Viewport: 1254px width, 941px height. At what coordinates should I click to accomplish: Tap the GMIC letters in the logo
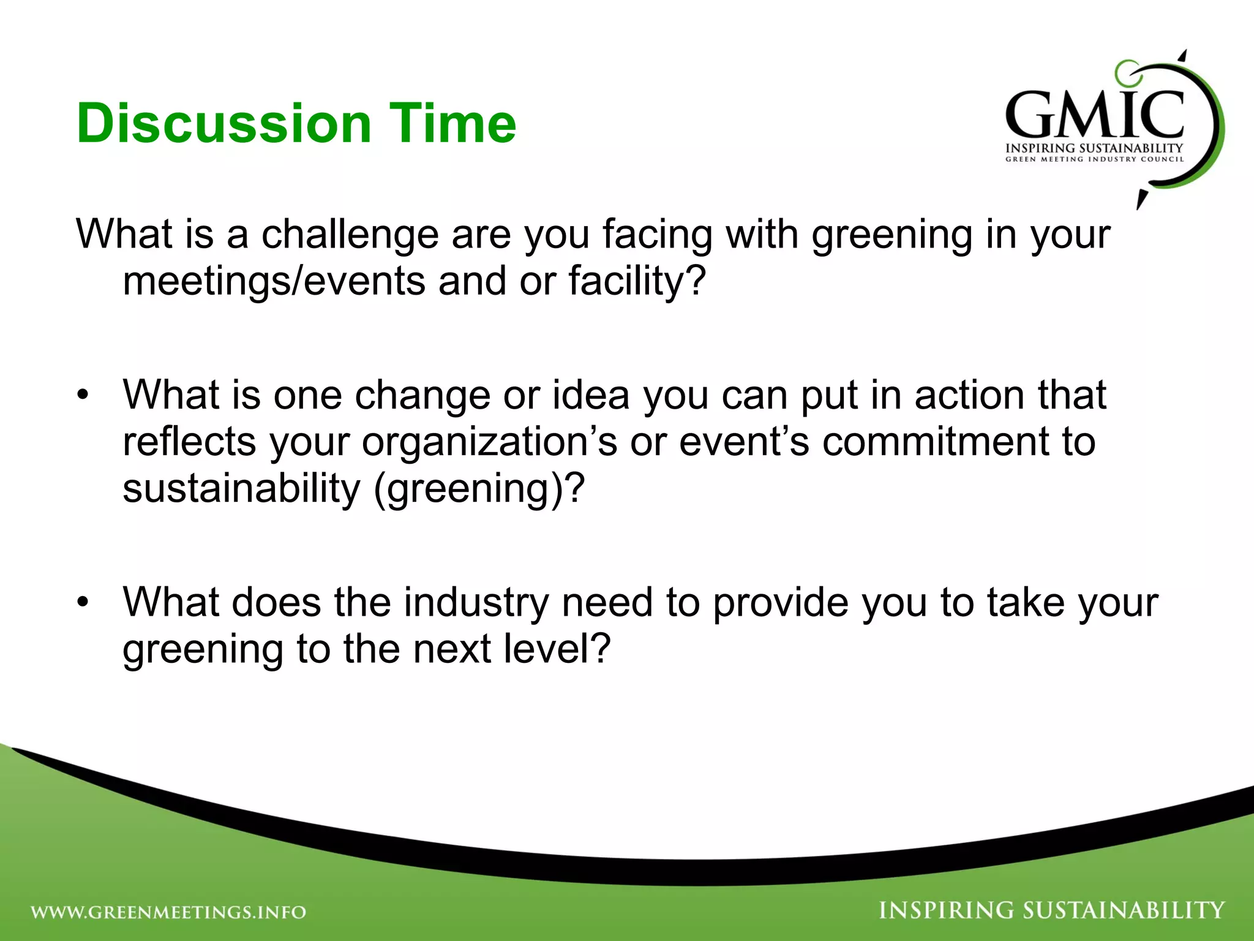point(1094,115)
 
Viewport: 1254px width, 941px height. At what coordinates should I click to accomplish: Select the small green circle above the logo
point(1126,72)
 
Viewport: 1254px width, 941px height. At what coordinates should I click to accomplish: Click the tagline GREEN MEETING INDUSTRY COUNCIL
point(1094,159)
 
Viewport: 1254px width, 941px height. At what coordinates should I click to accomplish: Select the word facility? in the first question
point(637,281)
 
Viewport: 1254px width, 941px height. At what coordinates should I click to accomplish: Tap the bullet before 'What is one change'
point(83,395)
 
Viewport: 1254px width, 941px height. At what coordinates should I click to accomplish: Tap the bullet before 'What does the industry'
point(83,603)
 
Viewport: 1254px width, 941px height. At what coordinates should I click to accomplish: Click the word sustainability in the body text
point(241,489)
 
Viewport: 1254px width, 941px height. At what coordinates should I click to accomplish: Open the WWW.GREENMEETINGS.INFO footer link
point(168,912)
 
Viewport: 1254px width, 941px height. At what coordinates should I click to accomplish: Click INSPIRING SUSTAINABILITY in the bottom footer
point(1051,910)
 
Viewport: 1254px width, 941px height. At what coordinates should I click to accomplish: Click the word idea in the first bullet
point(591,395)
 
